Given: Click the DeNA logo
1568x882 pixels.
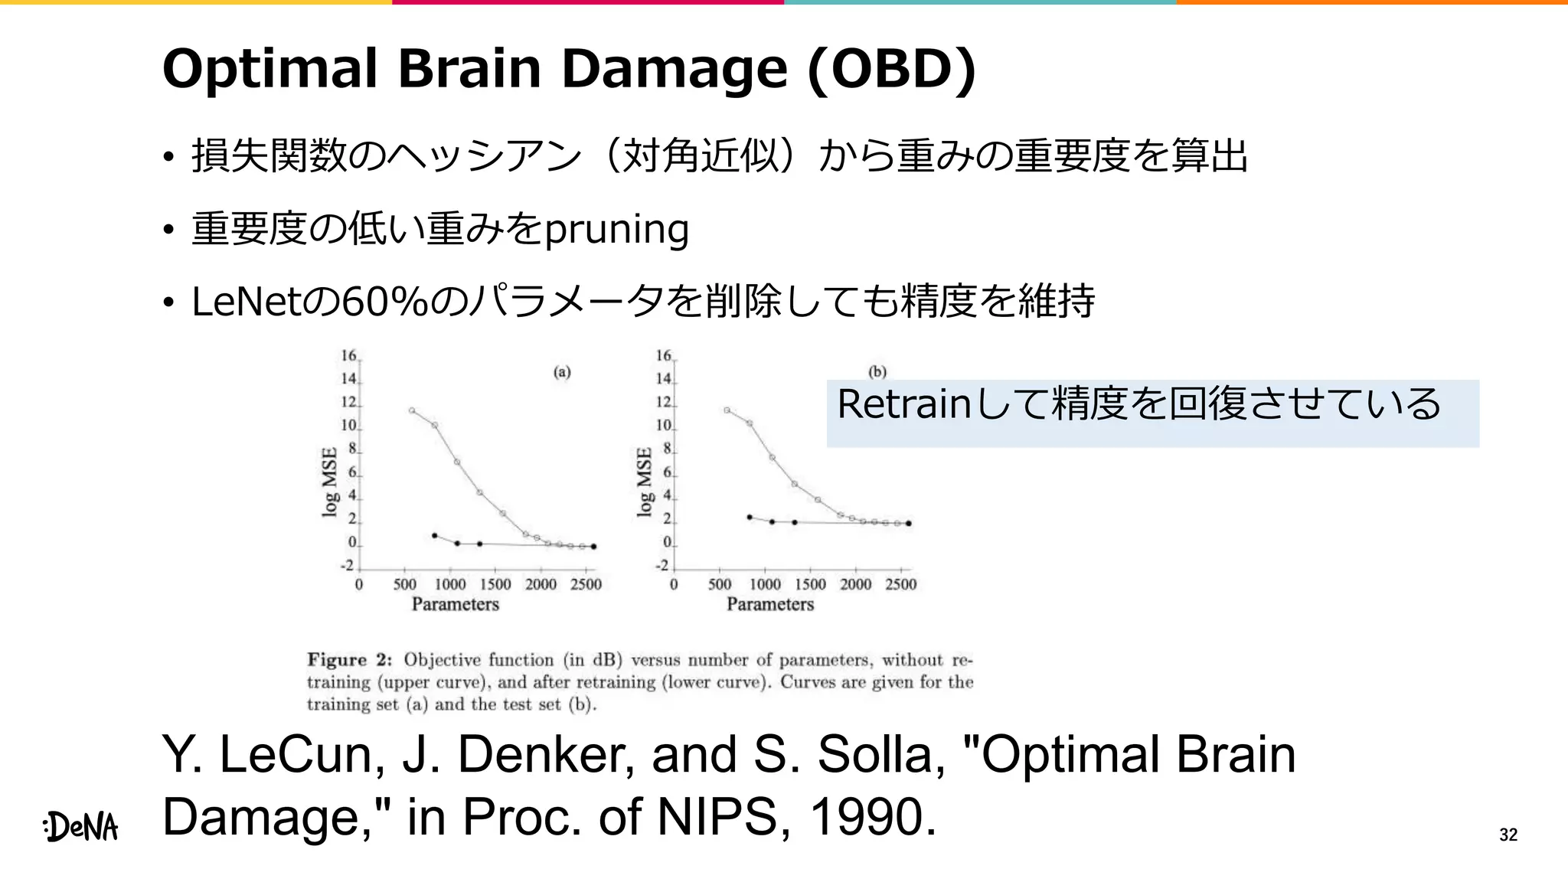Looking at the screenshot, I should click(x=81, y=827).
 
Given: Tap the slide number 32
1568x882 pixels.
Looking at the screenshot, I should click(x=1508, y=835).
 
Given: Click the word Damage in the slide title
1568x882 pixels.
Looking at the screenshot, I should click(x=674, y=69).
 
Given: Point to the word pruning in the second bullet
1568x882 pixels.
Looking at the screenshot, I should click(x=616, y=229).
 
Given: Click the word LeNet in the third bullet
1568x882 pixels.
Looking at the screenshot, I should click(x=247, y=301).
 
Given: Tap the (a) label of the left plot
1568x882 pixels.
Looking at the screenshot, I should click(x=562, y=372).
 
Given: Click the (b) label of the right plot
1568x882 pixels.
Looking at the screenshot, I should click(x=877, y=372).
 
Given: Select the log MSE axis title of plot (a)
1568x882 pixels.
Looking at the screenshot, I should click(x=329, y=482).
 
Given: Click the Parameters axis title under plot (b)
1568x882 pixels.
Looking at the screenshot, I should click(x=769, y=604).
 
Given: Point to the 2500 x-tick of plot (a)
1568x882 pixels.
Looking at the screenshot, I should click(x=586, y=584).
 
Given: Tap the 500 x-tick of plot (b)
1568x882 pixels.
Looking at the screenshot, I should click(x=720, y=584).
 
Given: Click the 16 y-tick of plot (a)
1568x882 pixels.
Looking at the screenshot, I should click(x=349, y=356).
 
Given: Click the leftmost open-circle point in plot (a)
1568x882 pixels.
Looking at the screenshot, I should click(x=412, y=410).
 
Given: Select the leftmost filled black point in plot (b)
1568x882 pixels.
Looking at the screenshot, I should click(x=750, y=518).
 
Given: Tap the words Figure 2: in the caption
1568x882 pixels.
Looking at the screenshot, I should click(x=350, y=660).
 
